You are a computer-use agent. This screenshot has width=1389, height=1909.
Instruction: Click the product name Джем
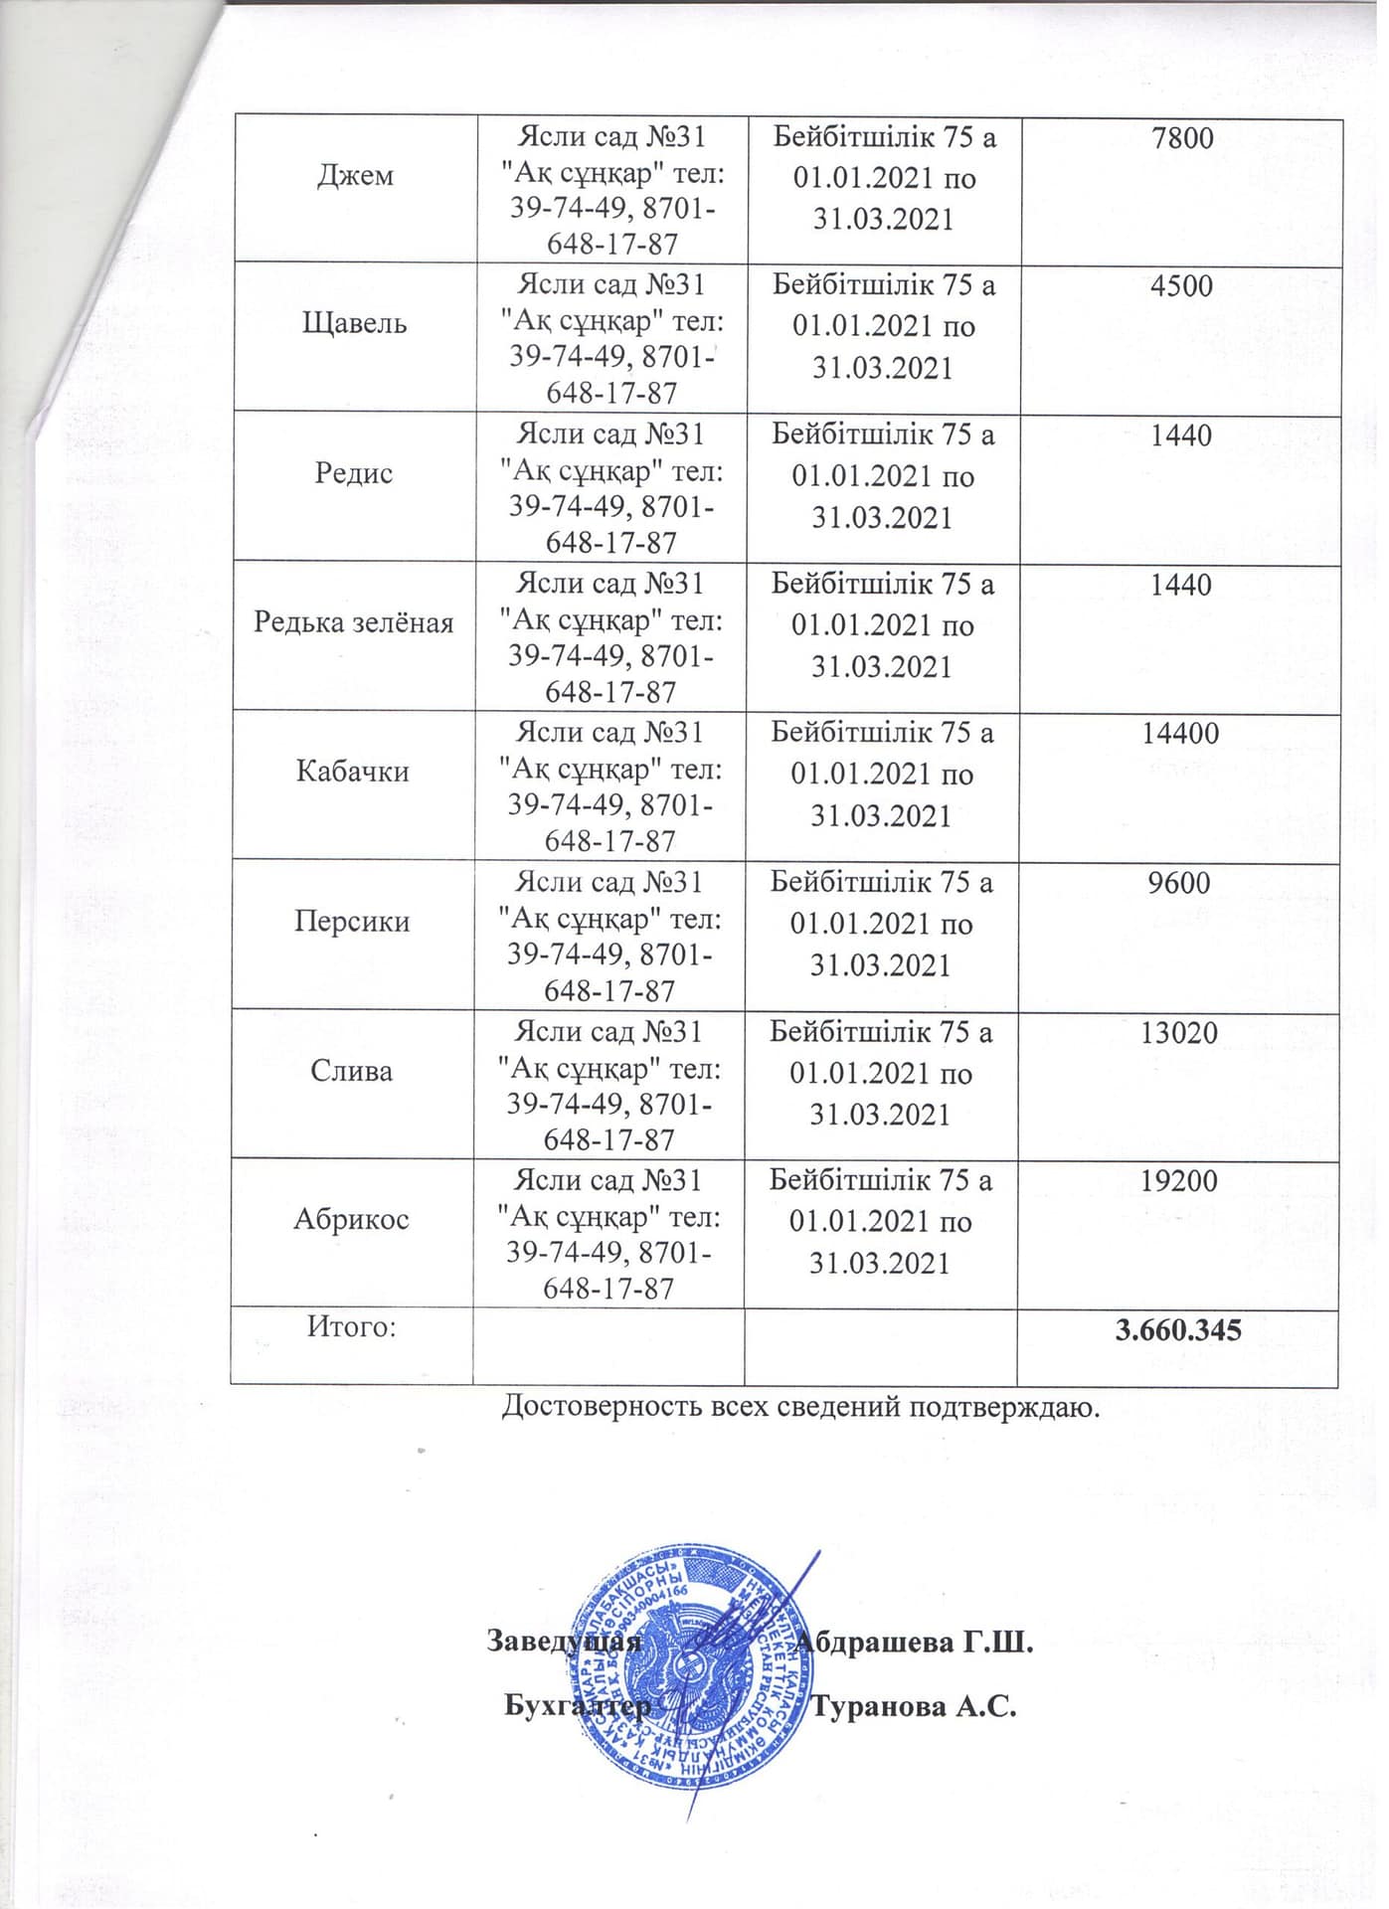pyautogui.click(x=355, y=176)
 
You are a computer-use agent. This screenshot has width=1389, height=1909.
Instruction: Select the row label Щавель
pyautogui.click(x=355, y=324)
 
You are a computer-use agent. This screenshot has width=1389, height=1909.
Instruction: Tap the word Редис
pyautogui.click(x=354, y=473)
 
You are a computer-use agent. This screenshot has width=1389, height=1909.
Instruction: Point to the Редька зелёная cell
pyautogui.click(x=354, y=622)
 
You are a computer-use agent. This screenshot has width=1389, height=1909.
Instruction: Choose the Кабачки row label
pyautogui.click(x=353, y=772)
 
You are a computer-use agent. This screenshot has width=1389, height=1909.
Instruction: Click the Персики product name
pyautogui.click(x=352, y=922)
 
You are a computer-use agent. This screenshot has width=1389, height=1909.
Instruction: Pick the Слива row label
pyautogui.click(x=352, y=1071)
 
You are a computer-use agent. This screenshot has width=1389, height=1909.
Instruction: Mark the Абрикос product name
pyautogui.click(x=351, y=1220)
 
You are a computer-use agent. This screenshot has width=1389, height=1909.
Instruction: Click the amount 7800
pyautogui.click(x=1182, y=137)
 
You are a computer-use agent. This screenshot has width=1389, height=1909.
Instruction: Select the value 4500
pyautogui.click(x=1181, y=286)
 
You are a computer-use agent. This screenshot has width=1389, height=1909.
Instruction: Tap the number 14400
pyautogui.click(x=1180, y=734)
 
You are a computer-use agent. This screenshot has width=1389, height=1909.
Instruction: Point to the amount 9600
pyautogui.click(x=1179, y=883)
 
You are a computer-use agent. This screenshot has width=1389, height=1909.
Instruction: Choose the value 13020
pyautogui.click(x=1179, y=1032)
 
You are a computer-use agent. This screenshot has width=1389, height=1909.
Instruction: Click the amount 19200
pyautogui.click(x=1178, y=1181)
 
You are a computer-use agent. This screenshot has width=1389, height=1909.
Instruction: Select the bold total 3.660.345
pyautogui.click(x=1178, y=1330)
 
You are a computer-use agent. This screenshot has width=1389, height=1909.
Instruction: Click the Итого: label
pyautogui.click(x=351, y=1326)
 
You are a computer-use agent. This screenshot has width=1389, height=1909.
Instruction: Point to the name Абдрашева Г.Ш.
pyautogui.click(x=916, y=1641)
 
